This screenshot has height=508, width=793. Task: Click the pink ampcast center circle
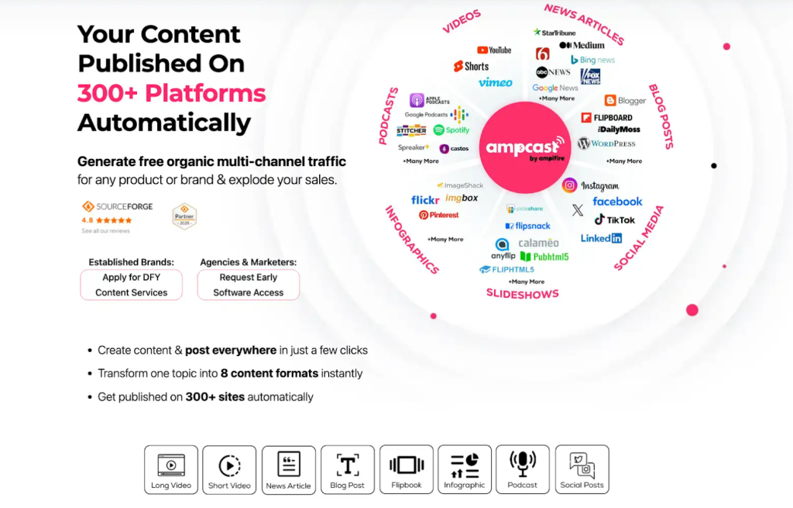526,147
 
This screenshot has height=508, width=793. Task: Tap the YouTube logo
494,50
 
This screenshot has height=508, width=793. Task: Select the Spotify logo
451,130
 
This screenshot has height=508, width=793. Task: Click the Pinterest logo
438,215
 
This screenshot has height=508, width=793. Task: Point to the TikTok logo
615,219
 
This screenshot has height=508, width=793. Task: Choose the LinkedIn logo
601,238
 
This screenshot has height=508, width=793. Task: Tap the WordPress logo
606,143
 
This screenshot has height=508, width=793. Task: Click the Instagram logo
591,185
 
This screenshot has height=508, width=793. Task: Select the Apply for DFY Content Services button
131,285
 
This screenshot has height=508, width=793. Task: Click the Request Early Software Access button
248,285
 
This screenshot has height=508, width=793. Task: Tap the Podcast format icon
522,469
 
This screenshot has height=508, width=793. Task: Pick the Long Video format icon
171,469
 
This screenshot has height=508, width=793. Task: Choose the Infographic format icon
464,469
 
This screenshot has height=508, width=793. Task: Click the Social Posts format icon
582,469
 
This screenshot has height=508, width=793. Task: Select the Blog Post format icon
347,469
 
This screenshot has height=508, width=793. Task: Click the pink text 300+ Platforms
171,93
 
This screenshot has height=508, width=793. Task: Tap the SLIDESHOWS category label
522,293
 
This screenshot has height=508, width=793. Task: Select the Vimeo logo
495,82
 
